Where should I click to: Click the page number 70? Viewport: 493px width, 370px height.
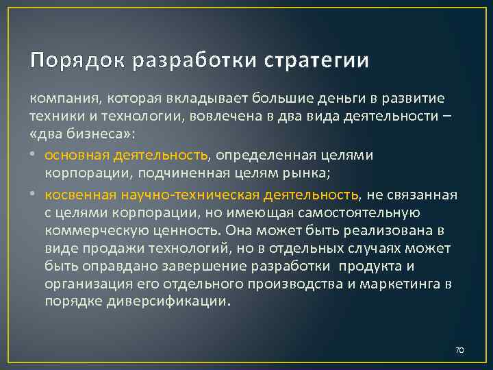tap(459, 350)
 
